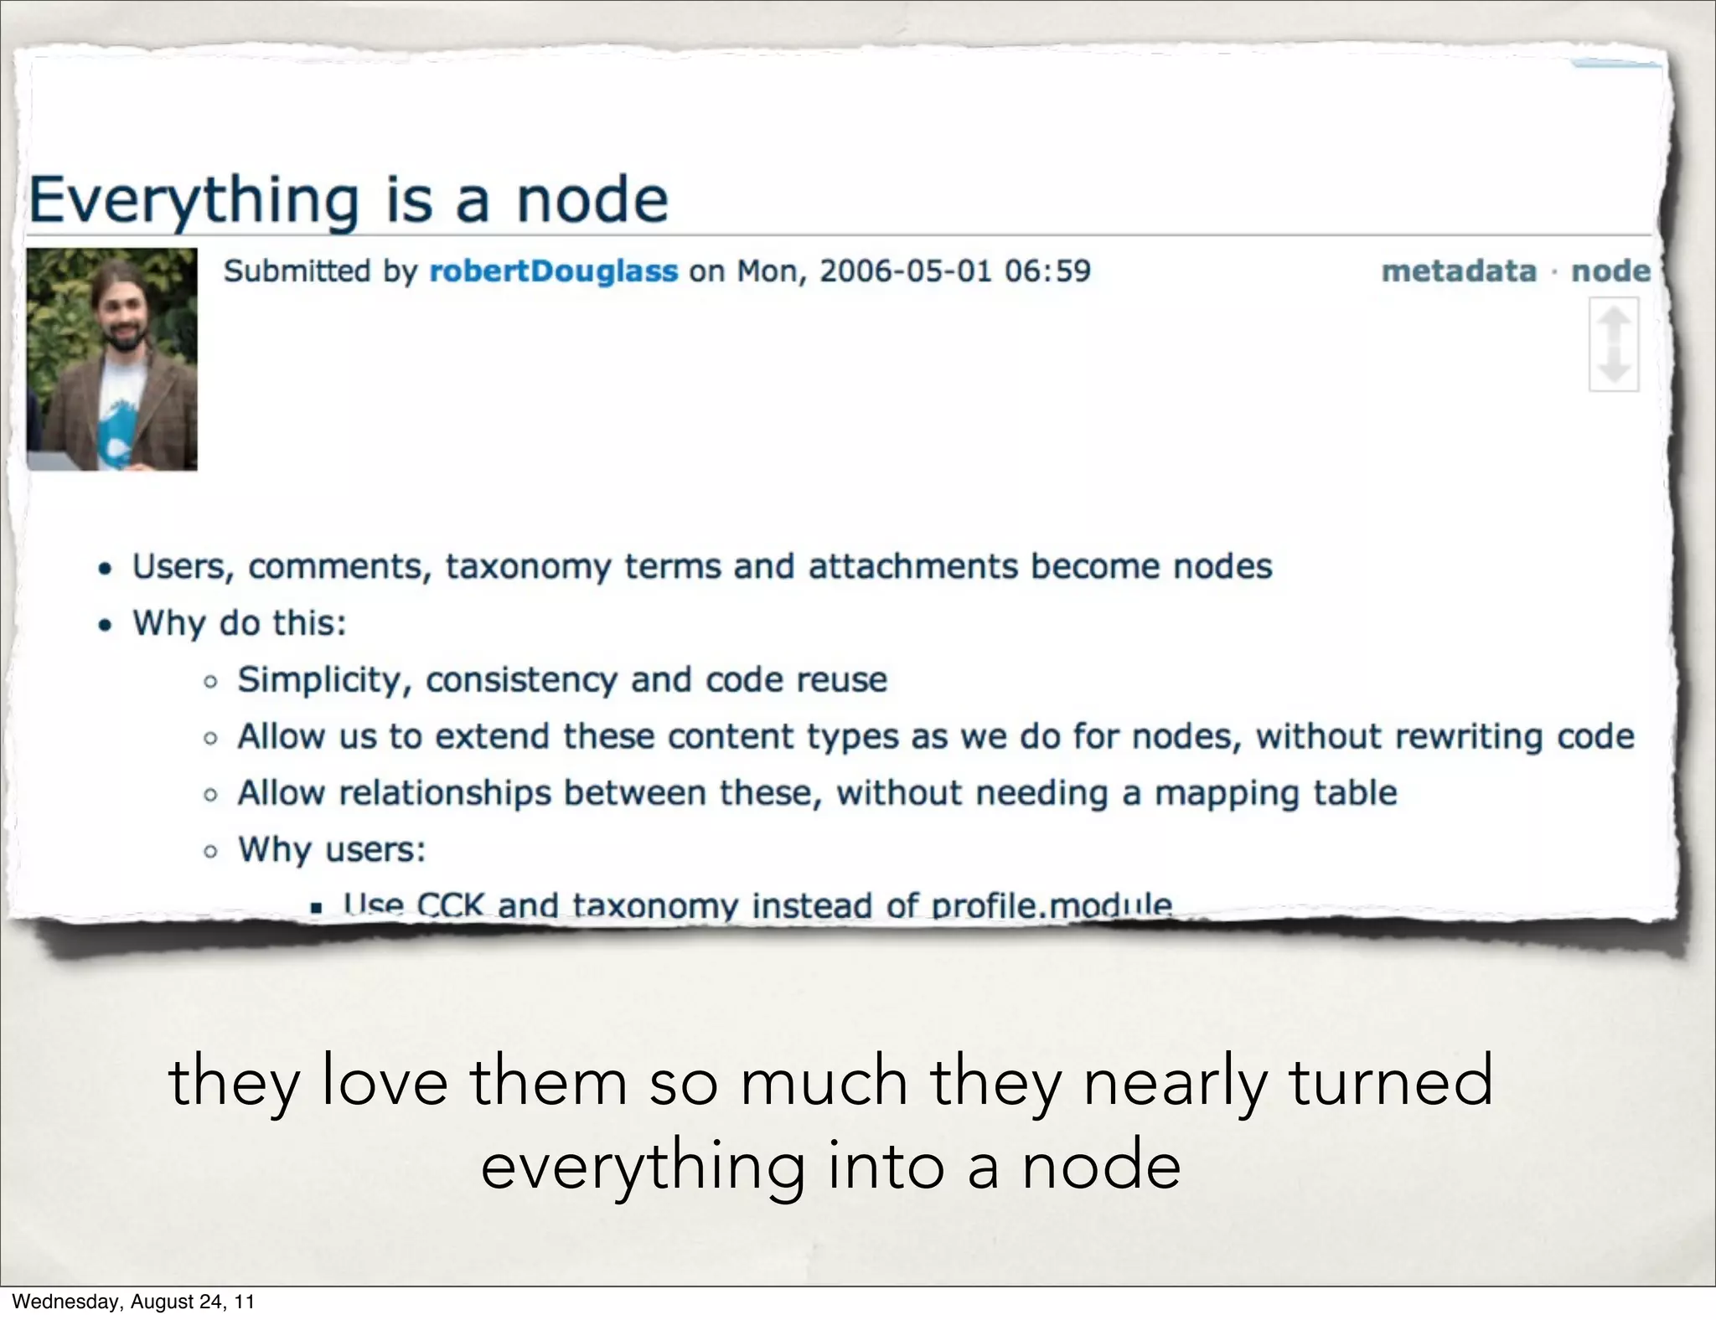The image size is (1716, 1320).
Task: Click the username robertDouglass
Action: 553,271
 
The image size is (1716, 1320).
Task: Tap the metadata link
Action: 1459,271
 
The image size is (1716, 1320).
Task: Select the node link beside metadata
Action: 1610,271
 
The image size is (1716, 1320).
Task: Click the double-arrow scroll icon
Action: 1614,344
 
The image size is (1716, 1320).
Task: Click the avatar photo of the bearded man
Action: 112,358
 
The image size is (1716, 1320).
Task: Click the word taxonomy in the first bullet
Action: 528,567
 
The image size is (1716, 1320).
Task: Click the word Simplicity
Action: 321,680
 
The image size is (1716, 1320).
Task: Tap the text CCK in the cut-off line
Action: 450,905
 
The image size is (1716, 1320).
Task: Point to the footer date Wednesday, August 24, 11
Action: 133,1302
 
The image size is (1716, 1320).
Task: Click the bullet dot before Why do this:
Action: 105,625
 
